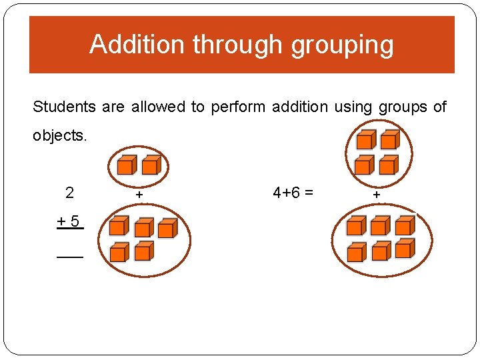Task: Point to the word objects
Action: [60, 135]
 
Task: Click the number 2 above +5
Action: [70, 193]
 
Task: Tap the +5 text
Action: [70, 219]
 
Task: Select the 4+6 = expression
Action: [293, 193]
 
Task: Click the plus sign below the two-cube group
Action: [139, 195]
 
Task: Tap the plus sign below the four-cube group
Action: [377, 195]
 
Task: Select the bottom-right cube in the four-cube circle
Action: [389, 164]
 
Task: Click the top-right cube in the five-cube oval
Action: [167, 228]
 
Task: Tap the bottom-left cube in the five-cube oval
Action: [119, 252]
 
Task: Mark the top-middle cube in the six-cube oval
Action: [380, 226]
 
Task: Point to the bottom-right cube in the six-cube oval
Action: [404, 249]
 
